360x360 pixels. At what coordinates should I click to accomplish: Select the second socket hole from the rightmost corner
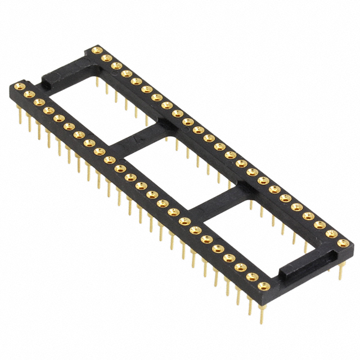[x=332, y=234]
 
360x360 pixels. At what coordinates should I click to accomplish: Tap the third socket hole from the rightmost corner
[x=320, y=225]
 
